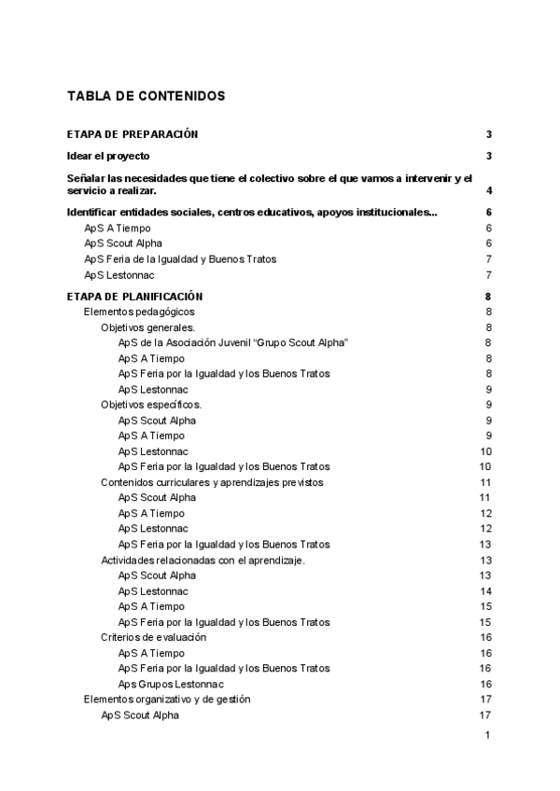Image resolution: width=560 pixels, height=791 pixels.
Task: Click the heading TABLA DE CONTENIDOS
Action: (x=146, y=96)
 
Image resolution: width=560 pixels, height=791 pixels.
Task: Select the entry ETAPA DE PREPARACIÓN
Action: (x=133, y=134)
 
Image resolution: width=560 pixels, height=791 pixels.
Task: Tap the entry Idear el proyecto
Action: (x=108, y=156)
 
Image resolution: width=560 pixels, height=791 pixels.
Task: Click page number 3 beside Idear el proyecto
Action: (x=488, y=156)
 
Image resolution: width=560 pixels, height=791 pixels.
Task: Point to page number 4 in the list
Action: (x=489, y=190)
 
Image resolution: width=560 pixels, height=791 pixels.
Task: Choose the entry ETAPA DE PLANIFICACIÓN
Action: (x=135, y=297)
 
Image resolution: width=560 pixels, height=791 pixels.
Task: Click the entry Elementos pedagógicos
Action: (x=139, y=312)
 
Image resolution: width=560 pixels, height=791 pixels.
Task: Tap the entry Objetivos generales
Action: (x=147, y=327)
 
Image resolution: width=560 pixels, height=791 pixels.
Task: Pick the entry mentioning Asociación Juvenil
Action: (x=233, y=342)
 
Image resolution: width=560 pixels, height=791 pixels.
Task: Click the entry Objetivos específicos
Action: (x=151, y=405)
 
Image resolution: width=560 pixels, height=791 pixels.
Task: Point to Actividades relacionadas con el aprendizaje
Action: (x=203, y=560)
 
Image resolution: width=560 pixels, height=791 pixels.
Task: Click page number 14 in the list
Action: (x=485, y=591)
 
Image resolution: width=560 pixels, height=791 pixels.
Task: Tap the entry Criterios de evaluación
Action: (x=153, y=637)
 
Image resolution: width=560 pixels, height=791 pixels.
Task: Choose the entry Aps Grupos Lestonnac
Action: (x=175, y=684)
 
